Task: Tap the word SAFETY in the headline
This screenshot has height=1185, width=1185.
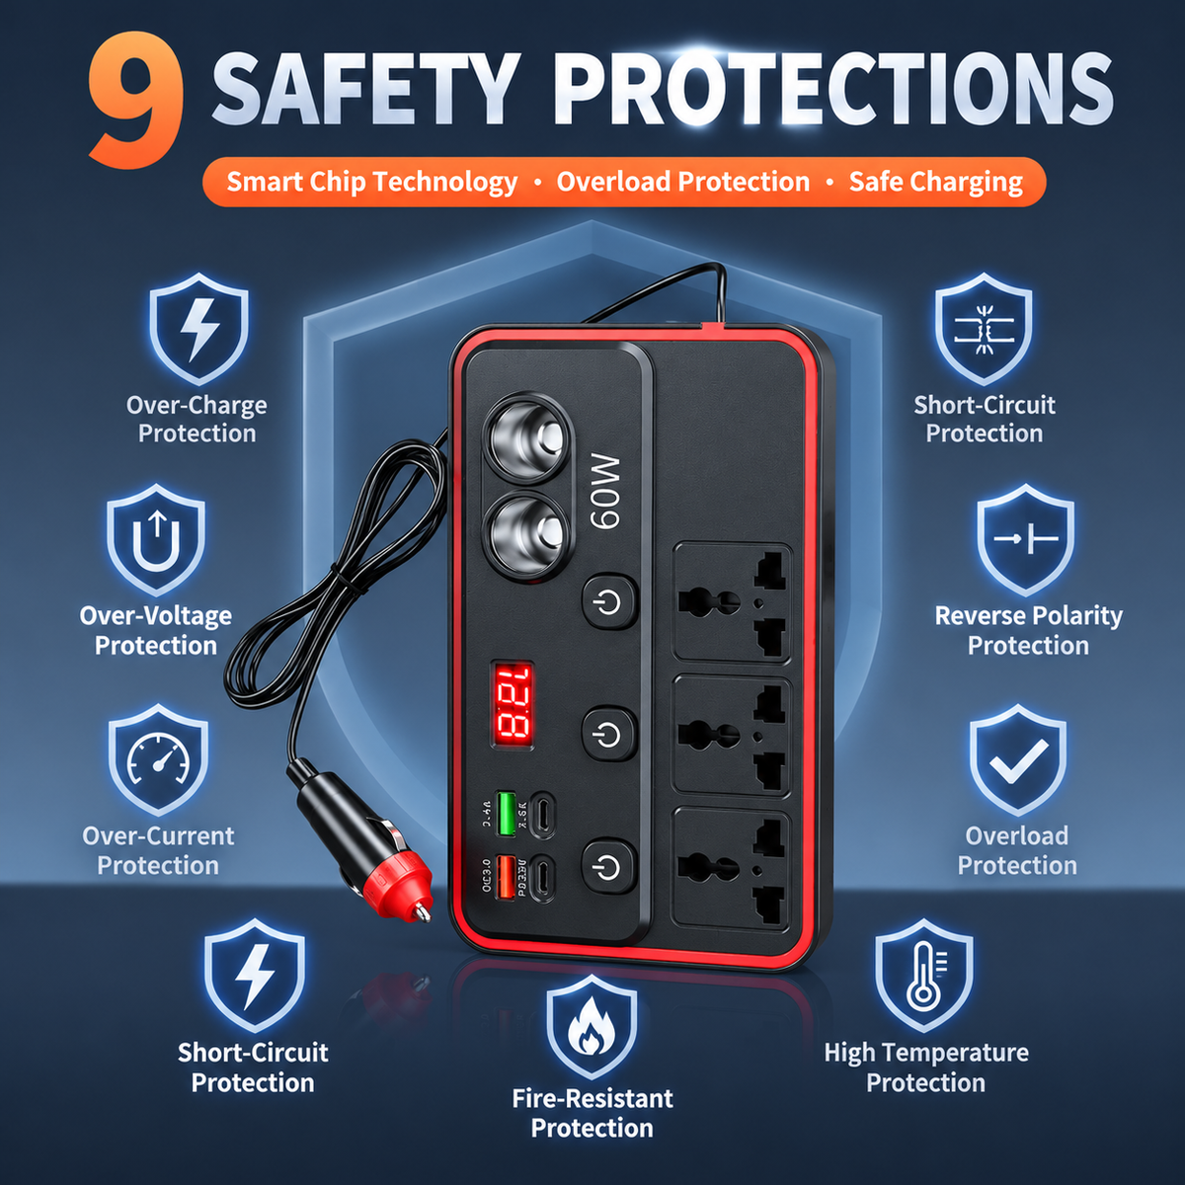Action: (x=364, y=89)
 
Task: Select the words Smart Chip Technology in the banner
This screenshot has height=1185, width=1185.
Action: (x=372, y=182)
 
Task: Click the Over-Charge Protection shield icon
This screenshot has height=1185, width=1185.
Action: (x=198, y=329)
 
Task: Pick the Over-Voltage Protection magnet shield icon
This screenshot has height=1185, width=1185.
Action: (x=156, y=539)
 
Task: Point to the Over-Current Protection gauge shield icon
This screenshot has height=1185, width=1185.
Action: (x=159, y=759)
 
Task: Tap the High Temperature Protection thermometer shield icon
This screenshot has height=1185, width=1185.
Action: (x=923, y=976)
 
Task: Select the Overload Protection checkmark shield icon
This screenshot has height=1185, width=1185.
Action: (x=1018, y=760)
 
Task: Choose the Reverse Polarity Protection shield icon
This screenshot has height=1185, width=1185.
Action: (x=1026, y=539)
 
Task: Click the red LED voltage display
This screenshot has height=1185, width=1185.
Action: (x=512, y=705)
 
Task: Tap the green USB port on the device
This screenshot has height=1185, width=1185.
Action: (x=506, y=814)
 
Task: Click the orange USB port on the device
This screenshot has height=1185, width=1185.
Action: (x=506, y=877)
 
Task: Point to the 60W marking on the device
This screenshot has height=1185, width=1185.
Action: (x=604, y=491)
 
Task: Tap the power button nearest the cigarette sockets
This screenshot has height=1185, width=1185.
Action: (x=609, y=601)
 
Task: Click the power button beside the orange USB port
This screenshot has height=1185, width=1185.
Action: (x=609, y=866)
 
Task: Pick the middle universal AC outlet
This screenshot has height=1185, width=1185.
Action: (x=732, y=736)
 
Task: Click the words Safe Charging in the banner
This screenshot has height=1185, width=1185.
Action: (x=936, y=182)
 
